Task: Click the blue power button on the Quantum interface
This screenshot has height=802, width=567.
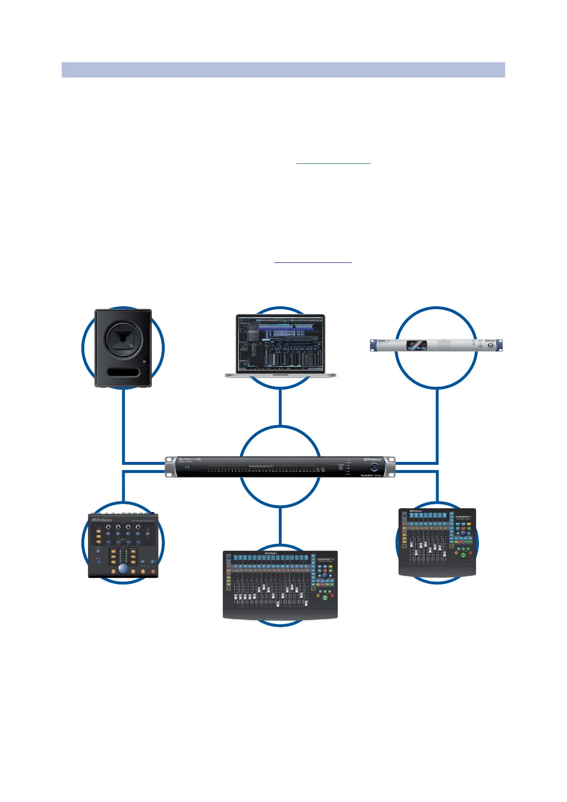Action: [x=374, y=468]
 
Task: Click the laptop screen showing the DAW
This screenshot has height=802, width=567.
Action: [x=280, y=342]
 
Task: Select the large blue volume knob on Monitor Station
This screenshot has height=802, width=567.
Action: [x=123, y=569]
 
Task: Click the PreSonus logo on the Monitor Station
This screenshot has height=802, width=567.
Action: [x=102, y=520]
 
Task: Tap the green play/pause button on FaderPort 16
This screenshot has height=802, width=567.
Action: [x=325, y=597]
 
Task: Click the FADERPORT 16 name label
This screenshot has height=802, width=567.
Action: [x=326, y=560]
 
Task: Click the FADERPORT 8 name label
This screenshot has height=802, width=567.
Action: [x=463, y=517]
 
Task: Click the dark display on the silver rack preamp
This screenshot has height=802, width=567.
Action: [x=416, y=345]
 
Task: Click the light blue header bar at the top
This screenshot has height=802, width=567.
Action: [x=283, y=70]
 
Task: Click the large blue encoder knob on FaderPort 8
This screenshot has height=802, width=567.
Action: [x=463, y=533]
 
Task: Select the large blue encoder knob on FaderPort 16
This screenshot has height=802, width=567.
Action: [x=325, y=576]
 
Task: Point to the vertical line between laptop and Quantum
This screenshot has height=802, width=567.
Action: [x=280, y=406]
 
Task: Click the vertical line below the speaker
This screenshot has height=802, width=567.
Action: [x=123, y=424]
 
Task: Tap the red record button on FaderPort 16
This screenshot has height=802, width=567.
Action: [x=332, y=596]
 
